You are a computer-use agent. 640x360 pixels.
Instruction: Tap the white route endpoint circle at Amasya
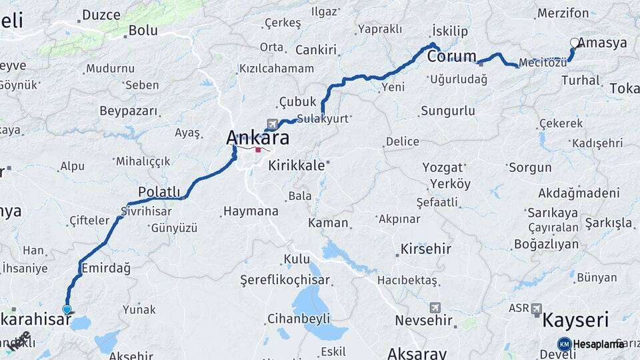[x=575, y=43]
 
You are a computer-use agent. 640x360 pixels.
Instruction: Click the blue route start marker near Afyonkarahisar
[x=67, y=309]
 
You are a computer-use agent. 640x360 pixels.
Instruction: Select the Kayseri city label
[x=575, y=320]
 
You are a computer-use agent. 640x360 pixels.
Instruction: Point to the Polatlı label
[x=159, y=192]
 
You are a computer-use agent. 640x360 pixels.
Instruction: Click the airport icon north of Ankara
[x=272, y=124]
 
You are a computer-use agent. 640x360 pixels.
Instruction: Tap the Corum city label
[x=451, y=57]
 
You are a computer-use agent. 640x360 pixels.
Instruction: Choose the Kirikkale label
[x=296, y=165]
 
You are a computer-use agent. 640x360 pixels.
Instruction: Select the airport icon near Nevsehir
[x=435, y=307]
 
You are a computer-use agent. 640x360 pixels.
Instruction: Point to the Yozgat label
[x=443, y=167]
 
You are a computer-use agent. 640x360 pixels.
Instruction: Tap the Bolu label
[x=143, y=30]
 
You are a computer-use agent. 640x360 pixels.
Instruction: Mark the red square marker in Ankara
[x=258, y=150]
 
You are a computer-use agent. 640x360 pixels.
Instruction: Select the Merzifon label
[x=563, y=13]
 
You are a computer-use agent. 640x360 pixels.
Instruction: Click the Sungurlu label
[x=447, y=111]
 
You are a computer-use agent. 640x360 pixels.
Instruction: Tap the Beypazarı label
[x=128, y=111]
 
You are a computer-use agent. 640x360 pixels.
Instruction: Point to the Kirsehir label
[x=426, y=249]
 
